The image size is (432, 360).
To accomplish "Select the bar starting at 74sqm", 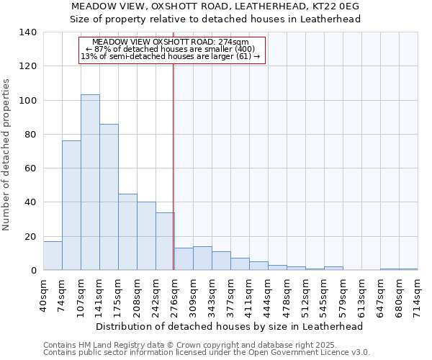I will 71,205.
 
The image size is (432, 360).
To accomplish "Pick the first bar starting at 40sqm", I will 53,256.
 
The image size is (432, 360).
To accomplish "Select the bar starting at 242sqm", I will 165,241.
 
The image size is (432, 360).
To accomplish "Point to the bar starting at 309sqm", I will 202,258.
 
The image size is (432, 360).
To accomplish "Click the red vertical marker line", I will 174,166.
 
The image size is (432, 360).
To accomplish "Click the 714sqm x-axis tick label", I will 418,294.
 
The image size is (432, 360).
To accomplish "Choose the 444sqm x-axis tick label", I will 269,294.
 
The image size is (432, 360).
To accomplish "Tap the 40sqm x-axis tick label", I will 44,294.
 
